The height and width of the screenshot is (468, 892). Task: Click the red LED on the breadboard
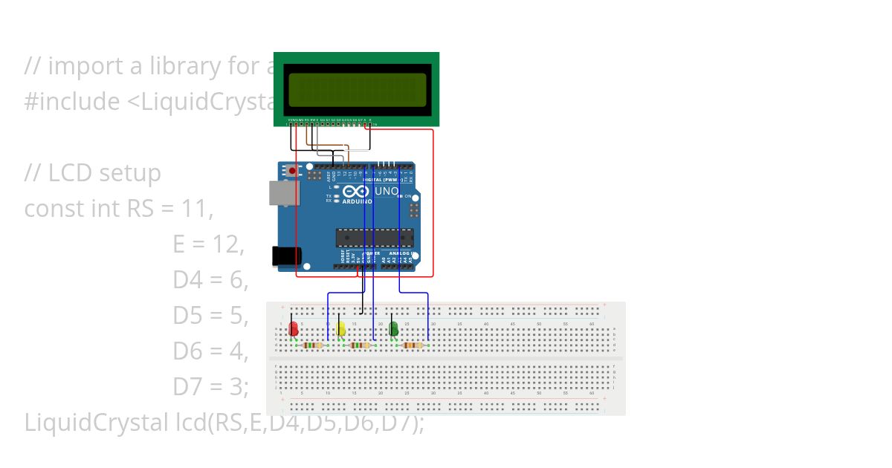pyautogui.click(x=294, y=328)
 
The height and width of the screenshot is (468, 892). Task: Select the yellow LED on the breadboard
pyautogui.click(x=340, y=328)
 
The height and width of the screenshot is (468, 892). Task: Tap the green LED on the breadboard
pyautogui.click(x=393, y=328)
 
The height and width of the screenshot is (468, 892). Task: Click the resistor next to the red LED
pyautogui.click(x=313, y=345)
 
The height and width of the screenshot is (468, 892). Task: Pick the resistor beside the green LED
pyautogui.click(x=413, y=345)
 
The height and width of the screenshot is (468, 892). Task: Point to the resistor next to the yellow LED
pyautogui.click(x=361, y=345)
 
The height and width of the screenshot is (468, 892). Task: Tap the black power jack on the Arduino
pyautogui.click(x=286, y=256)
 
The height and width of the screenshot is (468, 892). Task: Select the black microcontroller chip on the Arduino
pyautogui.click(x=374, y=238)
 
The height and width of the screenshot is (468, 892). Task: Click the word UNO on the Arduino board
pyautogui.click(x=386, y=192)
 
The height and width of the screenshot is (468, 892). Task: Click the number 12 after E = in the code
pyautogui.click(x=228, y=244)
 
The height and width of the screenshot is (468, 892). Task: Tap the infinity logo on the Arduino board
pyautogui.click(x=356, y=192)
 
